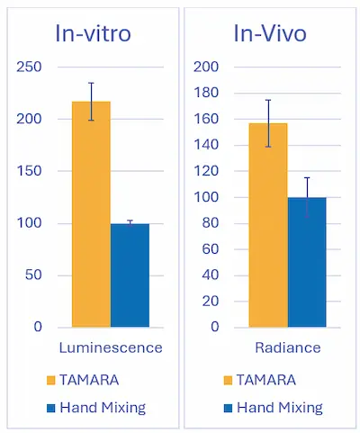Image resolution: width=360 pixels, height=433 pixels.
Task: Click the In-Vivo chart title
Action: (x=269, y=34)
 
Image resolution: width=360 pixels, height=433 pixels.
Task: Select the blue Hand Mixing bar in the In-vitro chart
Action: (x=130, y=275)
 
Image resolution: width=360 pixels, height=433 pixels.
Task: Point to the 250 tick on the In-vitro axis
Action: (x=30, y=68)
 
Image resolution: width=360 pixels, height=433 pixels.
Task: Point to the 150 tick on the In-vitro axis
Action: (x=30, y=171)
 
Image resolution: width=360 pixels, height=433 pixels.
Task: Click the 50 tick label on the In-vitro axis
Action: (x=33, y=275)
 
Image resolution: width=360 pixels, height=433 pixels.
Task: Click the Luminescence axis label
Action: (x=111, y=347)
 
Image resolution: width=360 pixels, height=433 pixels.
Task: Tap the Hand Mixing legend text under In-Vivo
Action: (x=280, y=408)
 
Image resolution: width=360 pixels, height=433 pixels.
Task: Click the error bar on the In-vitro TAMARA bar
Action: (x=91, y=101)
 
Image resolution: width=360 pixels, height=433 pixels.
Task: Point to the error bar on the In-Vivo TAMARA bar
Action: (x=268, y=123)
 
